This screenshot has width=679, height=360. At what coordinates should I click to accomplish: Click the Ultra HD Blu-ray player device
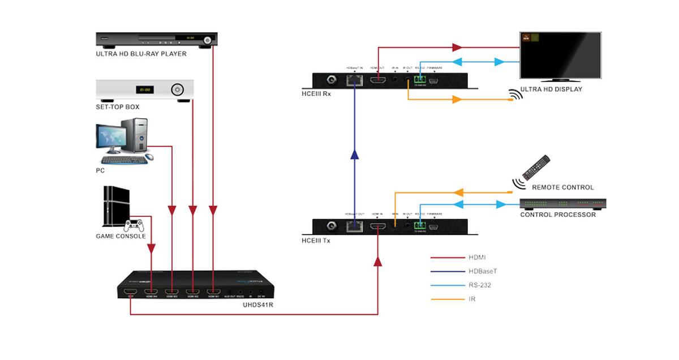156,40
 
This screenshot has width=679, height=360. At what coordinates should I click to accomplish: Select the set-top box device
145,89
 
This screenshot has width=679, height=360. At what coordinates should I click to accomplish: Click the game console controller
134,225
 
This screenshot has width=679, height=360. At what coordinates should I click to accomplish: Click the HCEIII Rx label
316,94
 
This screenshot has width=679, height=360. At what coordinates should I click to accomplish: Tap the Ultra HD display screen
560,55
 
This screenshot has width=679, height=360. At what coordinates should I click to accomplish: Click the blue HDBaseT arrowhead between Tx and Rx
354,154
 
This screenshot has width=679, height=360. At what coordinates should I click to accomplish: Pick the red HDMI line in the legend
448,258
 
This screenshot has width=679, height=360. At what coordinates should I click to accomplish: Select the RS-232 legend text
480,285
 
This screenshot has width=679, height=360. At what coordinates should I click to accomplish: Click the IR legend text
472,298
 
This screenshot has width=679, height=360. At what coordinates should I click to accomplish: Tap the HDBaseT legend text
483,271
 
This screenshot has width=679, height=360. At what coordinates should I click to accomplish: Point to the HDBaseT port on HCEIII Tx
355,226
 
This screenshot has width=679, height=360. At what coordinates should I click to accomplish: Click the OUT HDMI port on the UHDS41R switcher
131,292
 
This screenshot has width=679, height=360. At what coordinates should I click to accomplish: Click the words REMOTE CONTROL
563,187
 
